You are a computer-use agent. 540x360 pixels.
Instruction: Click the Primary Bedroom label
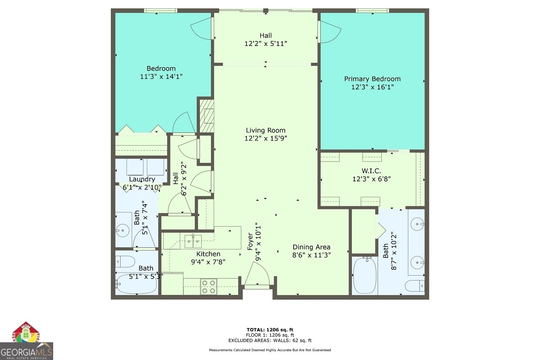(x=372, y=79)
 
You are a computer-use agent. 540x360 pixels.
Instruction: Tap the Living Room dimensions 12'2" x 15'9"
(x=266, y=138)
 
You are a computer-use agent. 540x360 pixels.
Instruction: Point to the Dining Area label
(x=311, y=247)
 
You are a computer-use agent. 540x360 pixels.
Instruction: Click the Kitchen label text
(x=208, y=254)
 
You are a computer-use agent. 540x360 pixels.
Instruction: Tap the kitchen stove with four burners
(x=208, y=286)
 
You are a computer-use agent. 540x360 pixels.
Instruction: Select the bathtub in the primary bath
(x=364, y=275)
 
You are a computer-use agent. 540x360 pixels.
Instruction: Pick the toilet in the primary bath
(x=415, y=286)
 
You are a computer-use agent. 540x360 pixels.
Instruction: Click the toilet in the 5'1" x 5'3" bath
(x=125, y=261)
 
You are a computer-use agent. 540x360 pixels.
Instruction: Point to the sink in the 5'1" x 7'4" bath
(x=123, y=230)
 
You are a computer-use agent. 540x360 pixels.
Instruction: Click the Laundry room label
(x=142, y=179)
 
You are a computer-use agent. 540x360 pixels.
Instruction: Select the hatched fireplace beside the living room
(x=206, y=116)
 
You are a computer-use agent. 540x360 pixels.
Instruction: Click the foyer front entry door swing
(x=257, y=274)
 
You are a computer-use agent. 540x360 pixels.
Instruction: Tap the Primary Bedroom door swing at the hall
(x=329, y=31)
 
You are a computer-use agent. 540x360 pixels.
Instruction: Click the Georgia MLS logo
(x=26, y=341)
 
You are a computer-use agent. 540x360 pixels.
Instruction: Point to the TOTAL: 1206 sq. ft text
(x=270, y=329)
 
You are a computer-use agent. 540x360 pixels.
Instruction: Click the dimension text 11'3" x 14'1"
(x=161, y=76)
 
